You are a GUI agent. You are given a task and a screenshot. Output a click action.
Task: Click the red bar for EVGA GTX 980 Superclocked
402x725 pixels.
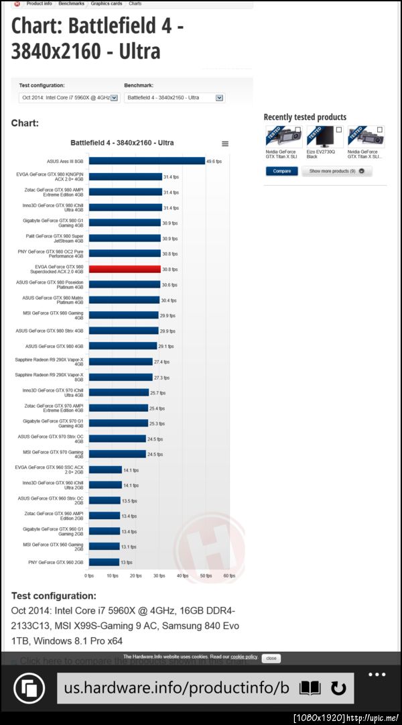pos(125,269)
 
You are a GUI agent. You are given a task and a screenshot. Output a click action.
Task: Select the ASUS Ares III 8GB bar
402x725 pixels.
pos(147,161)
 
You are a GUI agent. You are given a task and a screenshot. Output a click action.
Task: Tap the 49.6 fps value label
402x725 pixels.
pos(214,161)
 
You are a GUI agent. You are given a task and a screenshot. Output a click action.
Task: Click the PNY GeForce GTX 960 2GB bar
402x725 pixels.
pos(104,562)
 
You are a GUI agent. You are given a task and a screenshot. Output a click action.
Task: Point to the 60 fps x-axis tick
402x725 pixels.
pos(229,575)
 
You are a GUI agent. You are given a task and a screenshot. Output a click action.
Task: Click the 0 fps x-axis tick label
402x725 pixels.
pos(89,575)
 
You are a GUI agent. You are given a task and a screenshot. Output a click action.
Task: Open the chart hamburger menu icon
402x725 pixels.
pos(225,144)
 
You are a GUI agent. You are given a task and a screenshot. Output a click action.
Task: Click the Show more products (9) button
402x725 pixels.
pos(336,171)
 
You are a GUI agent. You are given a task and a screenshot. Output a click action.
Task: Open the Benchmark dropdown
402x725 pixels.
pos(174,98)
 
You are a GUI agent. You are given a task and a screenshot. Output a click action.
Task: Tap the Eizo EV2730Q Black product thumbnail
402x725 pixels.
pos(325,137)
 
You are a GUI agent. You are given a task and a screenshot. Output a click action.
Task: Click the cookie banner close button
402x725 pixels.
pos(271,658)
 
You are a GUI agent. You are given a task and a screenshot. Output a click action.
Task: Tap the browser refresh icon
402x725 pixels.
pos(338,688)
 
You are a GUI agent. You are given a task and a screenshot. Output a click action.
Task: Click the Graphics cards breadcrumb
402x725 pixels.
pos(107,3)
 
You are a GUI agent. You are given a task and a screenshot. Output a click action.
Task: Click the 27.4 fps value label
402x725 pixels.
pos(161,361)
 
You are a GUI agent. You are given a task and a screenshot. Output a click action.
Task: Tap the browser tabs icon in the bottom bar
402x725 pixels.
pos(29,688)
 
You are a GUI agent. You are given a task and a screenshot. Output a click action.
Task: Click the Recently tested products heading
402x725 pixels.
pos(305,117)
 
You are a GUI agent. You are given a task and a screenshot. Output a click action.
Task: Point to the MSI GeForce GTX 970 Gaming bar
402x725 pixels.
pos(117,454)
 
